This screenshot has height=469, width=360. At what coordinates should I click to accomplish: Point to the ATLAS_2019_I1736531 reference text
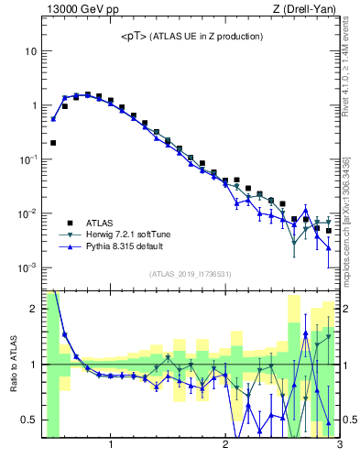coord(191,274)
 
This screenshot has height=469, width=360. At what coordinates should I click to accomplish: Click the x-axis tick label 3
coord(339,446)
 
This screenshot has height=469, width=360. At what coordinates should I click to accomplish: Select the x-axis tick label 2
coord(225,446)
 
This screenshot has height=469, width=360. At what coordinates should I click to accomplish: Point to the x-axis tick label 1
coord(111,446)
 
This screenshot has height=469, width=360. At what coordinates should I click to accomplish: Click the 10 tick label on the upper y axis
coord(30,51)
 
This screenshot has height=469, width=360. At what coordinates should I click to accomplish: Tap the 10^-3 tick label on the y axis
coord(28,267)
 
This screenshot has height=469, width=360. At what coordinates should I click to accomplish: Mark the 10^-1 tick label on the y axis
coord(28,159)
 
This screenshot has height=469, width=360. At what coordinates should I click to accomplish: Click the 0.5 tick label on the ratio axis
coord(28,420)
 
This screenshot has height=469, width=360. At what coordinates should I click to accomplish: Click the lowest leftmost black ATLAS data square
coord(53,143)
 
